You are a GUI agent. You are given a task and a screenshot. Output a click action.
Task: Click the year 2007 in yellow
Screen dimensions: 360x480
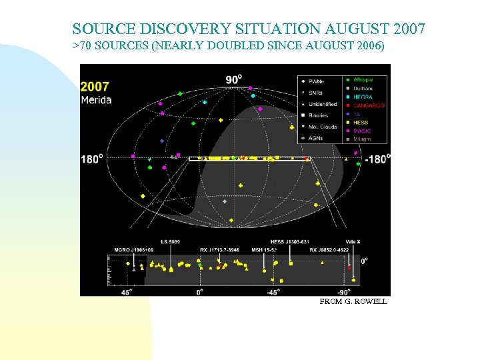[95, 87]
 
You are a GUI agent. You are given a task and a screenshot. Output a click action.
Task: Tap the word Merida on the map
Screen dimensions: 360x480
[97, 100]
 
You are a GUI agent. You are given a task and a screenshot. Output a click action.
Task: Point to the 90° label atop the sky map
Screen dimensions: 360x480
[233, 80]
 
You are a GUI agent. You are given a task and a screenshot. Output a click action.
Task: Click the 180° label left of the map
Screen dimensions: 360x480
[91, 159]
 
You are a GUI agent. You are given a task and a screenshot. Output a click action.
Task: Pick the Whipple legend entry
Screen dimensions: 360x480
[363, 80]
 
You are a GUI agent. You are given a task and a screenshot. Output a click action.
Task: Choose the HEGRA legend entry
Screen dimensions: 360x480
[363, 97]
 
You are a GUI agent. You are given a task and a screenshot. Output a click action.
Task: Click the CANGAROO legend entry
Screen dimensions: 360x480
[369, 106]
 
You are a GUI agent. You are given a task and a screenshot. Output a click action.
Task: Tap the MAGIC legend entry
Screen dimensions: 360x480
[362, 131]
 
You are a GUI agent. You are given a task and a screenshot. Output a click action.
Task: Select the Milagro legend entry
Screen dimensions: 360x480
[363, 139]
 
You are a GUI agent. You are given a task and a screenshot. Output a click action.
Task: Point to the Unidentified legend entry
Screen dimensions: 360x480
[323, 104]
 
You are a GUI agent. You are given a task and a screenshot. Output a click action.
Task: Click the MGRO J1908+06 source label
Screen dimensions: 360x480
[133, 250]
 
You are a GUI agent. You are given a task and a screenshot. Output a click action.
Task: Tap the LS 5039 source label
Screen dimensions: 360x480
[171, 241]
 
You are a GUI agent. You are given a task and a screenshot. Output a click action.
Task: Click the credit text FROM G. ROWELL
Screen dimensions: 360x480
[353, 301]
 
